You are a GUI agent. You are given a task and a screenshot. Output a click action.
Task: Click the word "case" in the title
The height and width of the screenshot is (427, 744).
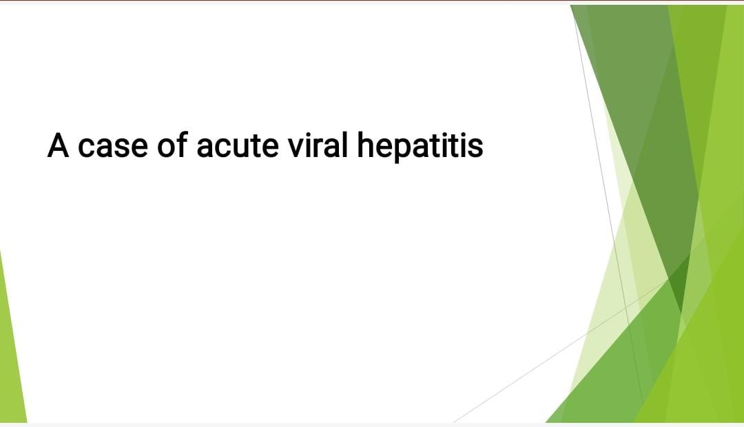click(112, 147)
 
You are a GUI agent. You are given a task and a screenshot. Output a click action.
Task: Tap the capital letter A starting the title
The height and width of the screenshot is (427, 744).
click(58, 144)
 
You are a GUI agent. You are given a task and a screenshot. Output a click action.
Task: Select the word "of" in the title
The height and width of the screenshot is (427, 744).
click(172, 144)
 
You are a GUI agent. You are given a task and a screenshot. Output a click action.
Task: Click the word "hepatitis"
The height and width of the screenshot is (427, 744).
click(420, 147)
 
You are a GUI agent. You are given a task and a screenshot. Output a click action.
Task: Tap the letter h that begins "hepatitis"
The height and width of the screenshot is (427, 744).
click(366, 144)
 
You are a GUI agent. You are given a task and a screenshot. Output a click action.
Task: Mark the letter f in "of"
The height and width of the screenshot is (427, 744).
click(182, 144)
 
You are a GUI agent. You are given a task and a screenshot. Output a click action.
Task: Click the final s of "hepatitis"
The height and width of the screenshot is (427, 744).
click(475, 147)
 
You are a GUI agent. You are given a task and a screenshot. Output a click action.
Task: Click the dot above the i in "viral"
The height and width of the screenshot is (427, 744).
click(312, 134)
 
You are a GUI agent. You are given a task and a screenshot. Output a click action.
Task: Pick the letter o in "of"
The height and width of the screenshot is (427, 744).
click(166, 147)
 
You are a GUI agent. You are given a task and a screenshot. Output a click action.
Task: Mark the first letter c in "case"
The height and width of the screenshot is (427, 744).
click(86, 147)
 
